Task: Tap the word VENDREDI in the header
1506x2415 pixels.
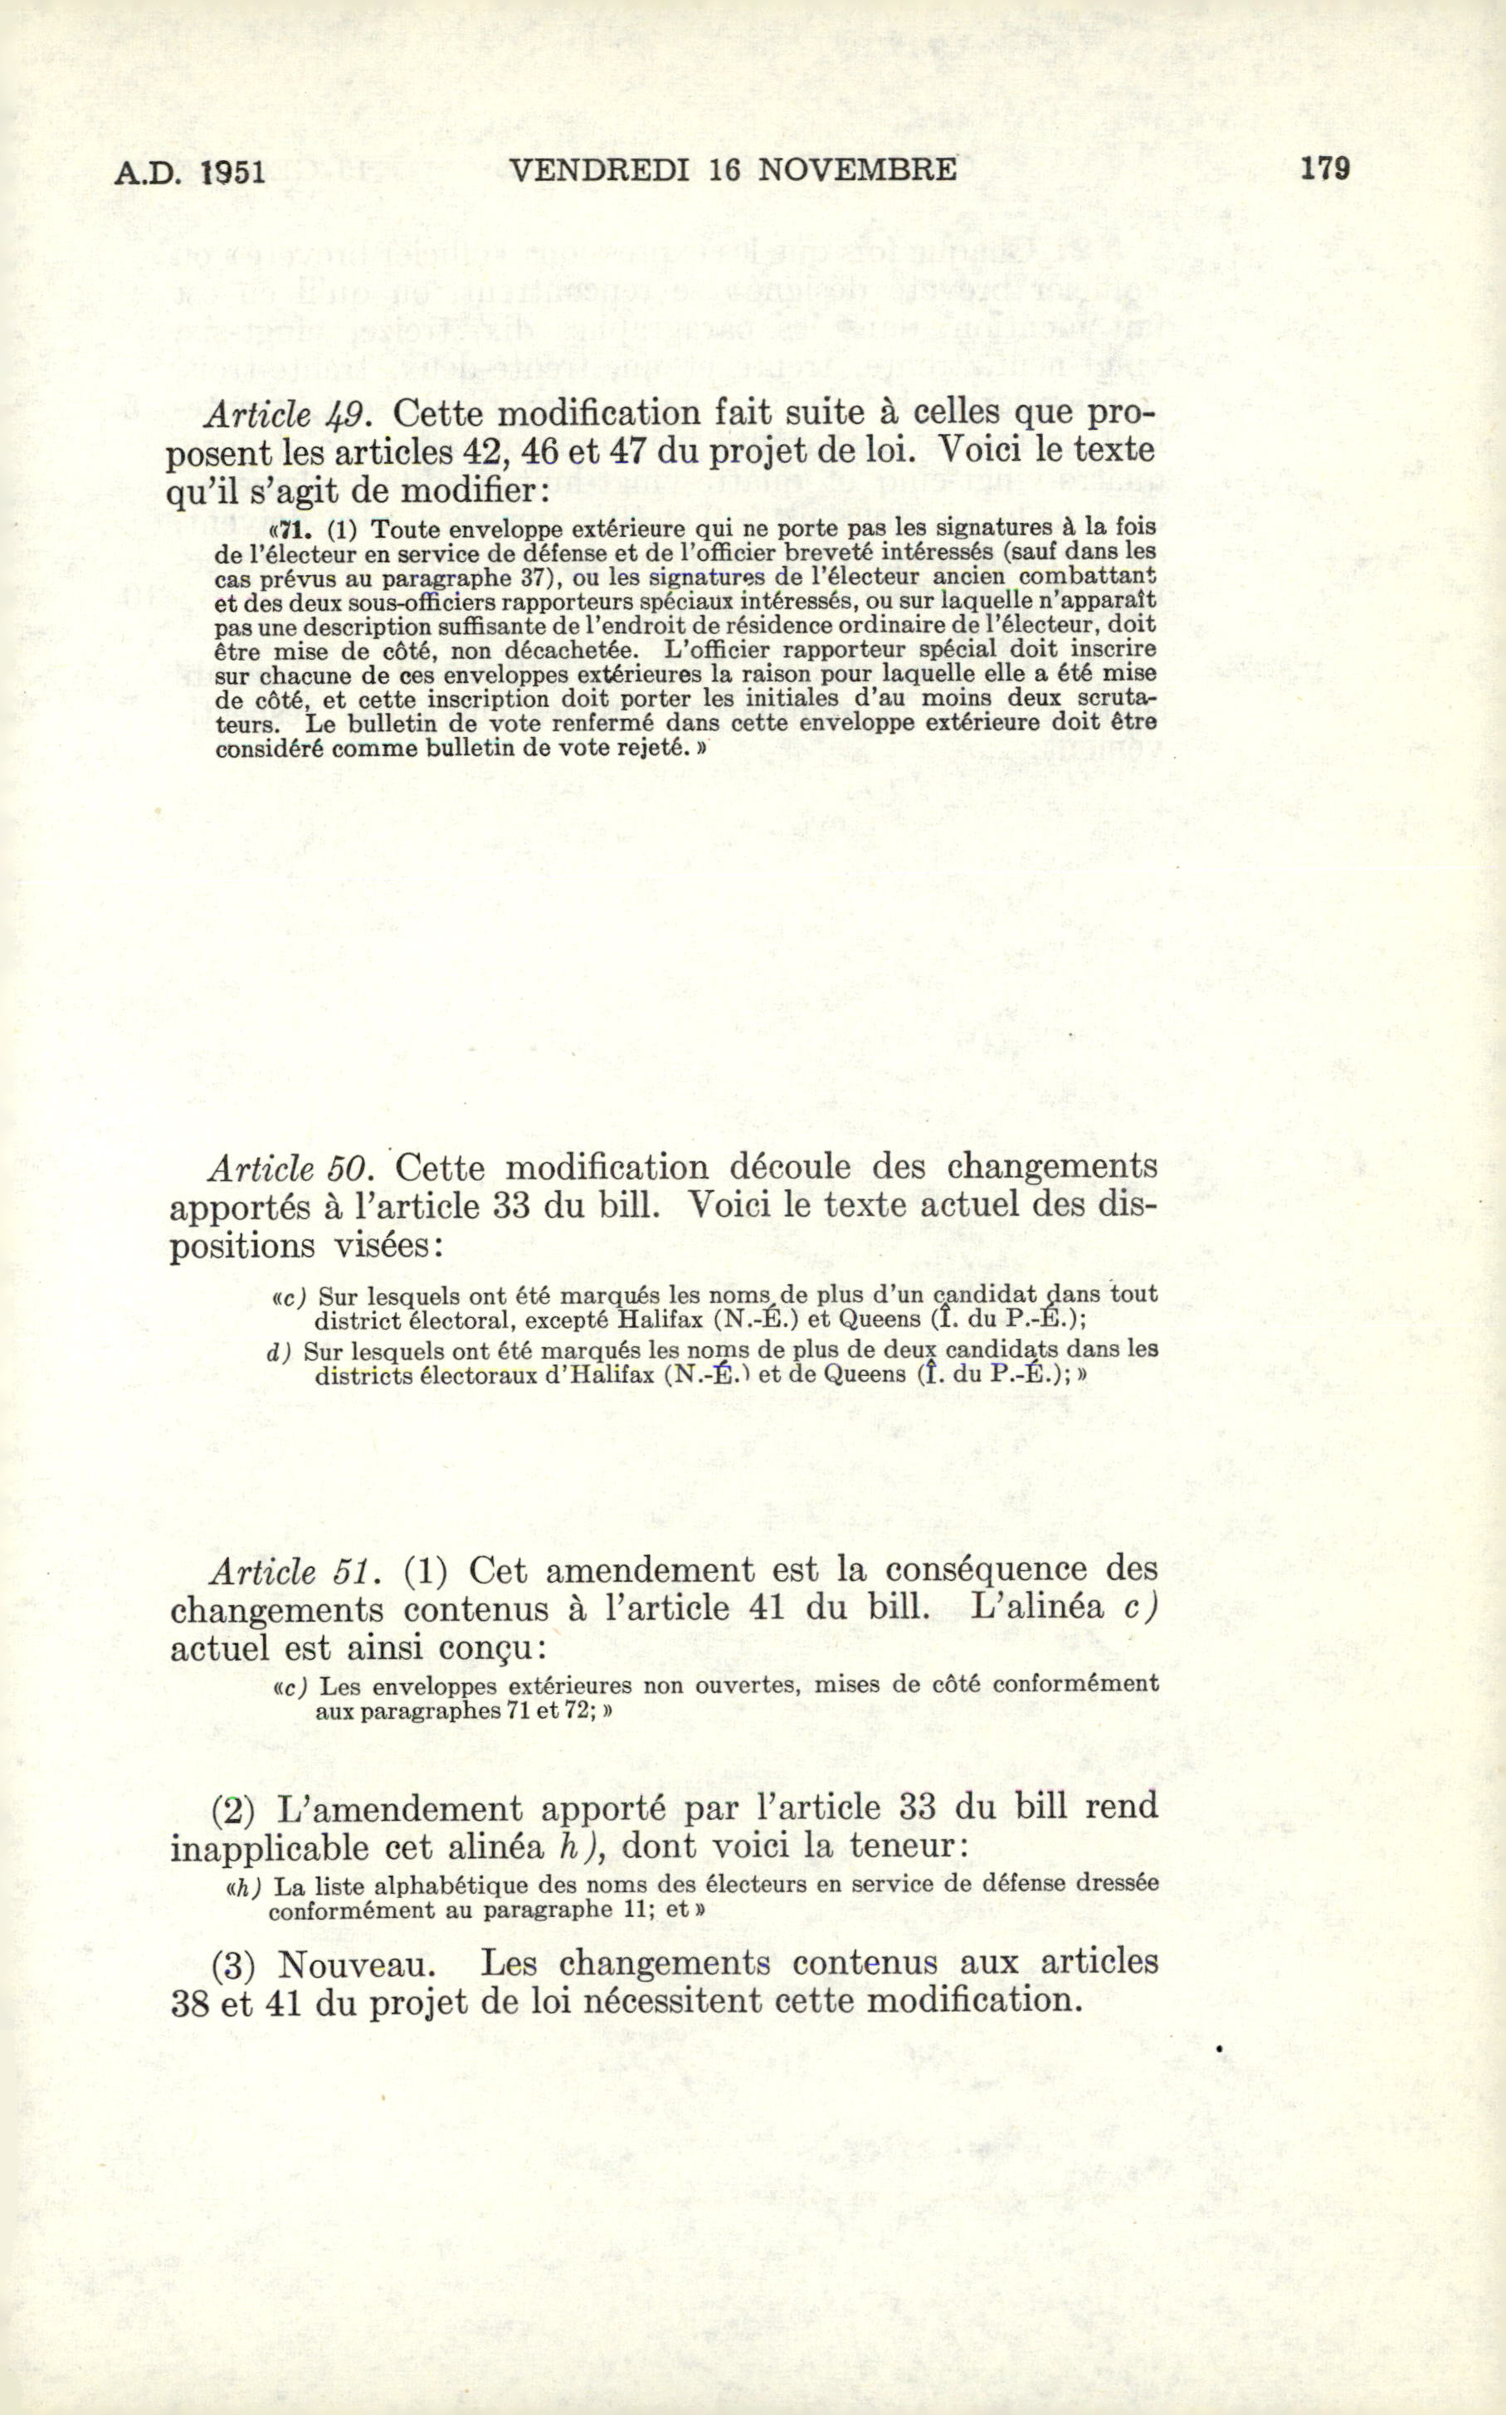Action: pos(598,170)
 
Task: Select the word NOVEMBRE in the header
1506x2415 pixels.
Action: pos(856,169)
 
